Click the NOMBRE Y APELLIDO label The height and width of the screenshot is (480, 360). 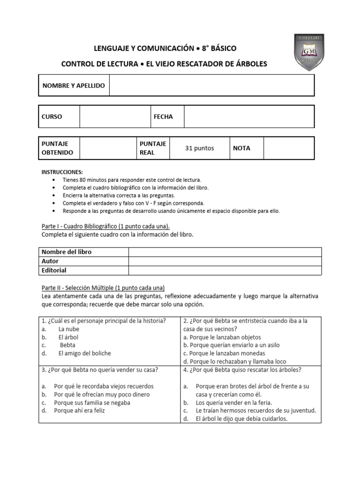[74, 86]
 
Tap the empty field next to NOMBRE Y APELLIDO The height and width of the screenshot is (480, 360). [211, 86]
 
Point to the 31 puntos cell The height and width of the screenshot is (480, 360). [200, 148]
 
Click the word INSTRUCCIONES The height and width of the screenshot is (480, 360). [62, 172]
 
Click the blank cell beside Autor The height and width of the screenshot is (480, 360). [225, 261]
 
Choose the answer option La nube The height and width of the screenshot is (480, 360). [68, 329]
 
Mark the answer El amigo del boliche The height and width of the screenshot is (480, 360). [84, 353]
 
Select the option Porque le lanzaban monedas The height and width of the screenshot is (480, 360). [224, 353]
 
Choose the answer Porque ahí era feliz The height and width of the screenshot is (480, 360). [80, 411]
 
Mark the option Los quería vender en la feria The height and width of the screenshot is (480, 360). [233, 403]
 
